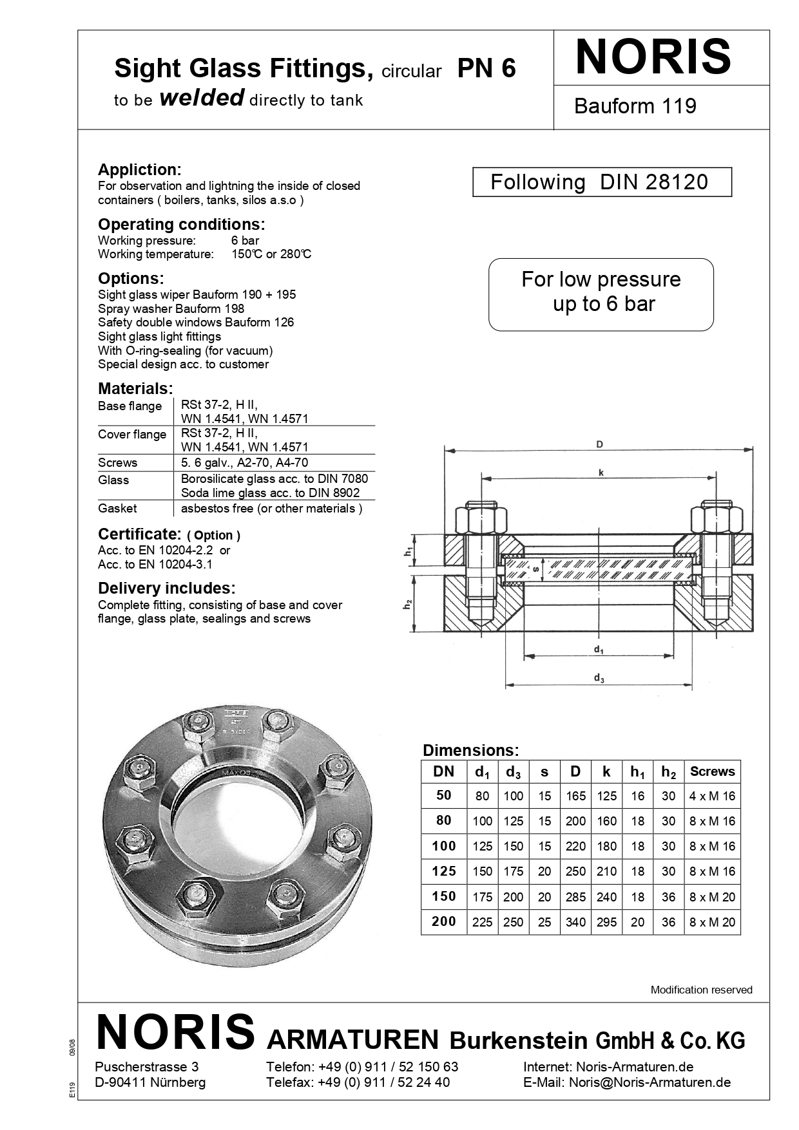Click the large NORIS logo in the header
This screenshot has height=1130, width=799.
(653, 57)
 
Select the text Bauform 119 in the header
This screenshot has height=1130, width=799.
(635, 106)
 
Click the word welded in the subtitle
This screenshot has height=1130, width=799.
(201, 98)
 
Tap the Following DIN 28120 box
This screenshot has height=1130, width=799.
(602, 182)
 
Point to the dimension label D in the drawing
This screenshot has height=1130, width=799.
(599, 444)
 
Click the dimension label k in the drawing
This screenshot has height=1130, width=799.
(601, 473)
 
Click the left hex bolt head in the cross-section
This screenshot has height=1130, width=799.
(478, 518)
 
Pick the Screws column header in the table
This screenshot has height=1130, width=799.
(712, 771)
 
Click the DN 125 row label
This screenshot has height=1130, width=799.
(444, 871)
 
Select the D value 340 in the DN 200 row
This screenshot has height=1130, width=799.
(575, 922)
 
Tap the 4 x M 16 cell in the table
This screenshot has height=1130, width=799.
(712, 796)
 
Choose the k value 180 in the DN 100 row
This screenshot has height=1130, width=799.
(606, 847)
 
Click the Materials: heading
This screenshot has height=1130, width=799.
(135, 389)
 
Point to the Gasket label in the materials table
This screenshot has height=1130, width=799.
(117, 509)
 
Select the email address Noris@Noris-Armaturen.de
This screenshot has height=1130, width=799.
(650, 1082)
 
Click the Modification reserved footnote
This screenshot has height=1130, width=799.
(701, 990)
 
